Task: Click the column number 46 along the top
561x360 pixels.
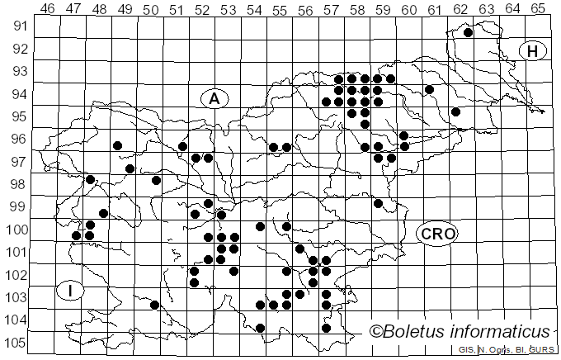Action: [x=48, y=8]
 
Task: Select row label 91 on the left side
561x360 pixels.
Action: [x=19, y=26]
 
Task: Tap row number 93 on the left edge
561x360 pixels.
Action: [x=19, y=71]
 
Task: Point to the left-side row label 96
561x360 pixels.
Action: [x=19, y=139]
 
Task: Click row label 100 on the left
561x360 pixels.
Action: [x=16, y=230]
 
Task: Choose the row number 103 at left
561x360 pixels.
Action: [x=16, y=297]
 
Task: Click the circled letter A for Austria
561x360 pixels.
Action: [x=214, y=98]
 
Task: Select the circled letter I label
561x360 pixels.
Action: [x=71, y=291]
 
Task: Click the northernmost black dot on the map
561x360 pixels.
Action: [x=468, y=33]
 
